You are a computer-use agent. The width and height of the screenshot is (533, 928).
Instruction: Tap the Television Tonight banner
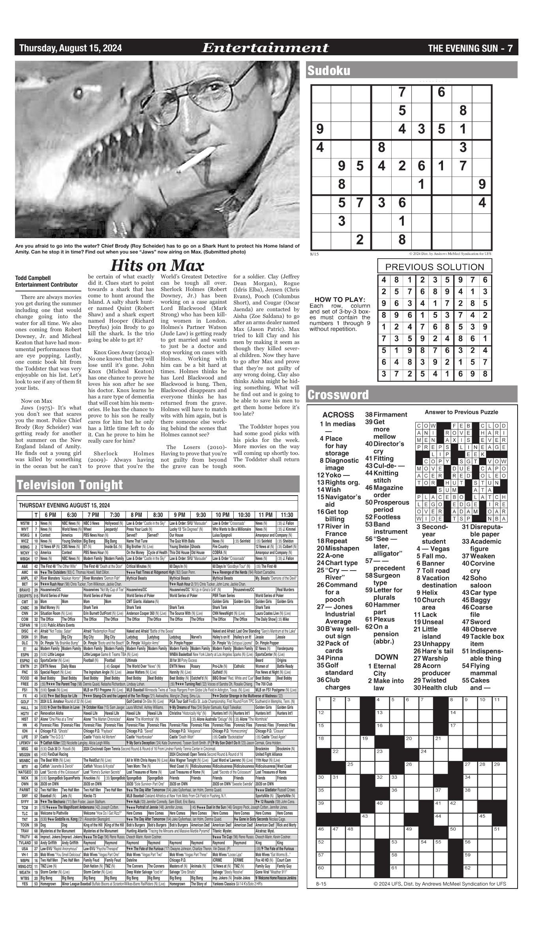pyautogui.click(x=69, y=485)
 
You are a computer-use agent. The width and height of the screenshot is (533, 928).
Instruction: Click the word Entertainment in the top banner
pyautogui.click(x=265, y=48)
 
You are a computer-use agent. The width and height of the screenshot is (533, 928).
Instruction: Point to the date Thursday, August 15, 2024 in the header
pyautogui.click(x=71, y=48)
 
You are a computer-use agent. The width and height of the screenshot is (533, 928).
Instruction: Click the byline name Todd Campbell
pyautogui.click(x=33, y=278)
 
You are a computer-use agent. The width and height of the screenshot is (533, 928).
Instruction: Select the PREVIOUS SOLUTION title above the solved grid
pyautogui.click(x=434, y=267)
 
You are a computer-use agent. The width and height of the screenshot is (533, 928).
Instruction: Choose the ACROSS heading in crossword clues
pyautogui.click(x=338, y=415)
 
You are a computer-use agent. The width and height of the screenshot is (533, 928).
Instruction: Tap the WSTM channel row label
pyautogui.click(x=24, y=523)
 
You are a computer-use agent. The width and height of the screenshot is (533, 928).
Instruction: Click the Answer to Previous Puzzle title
pyautogui.click(x=461, y=412)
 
